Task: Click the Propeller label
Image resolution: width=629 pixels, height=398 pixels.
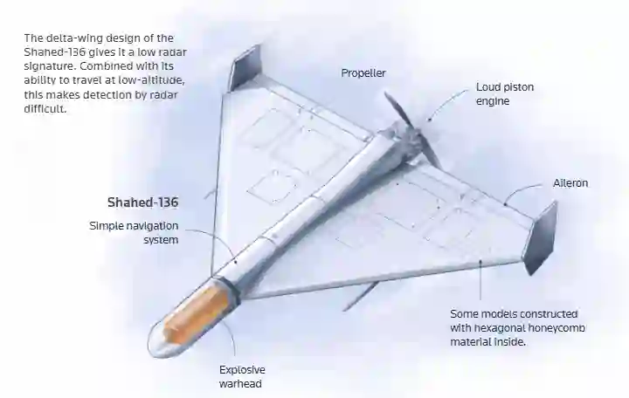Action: click(363, 73)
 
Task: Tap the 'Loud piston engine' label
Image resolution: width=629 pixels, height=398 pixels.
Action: click(505, 93)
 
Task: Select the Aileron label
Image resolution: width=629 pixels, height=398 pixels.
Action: click(570, 183)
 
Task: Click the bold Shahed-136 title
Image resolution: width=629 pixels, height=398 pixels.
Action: click(142, 202)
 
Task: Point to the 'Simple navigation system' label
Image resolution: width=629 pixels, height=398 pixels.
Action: click(134, 233)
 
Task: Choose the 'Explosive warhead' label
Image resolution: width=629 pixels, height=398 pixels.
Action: click(242, 376)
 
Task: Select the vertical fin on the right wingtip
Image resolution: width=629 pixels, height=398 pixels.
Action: click(541, 237)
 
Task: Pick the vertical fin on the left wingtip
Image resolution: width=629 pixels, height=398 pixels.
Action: click(245, 68)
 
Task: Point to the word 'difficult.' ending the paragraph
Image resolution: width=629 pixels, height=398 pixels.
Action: click(45, 108)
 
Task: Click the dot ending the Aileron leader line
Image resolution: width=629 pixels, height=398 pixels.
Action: click(506, 204)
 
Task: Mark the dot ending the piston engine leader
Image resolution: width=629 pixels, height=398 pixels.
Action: click(428, 119)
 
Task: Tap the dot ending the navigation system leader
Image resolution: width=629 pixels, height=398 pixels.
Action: click(236, 262)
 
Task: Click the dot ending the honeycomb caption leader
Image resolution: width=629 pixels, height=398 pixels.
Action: click(480, 261)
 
